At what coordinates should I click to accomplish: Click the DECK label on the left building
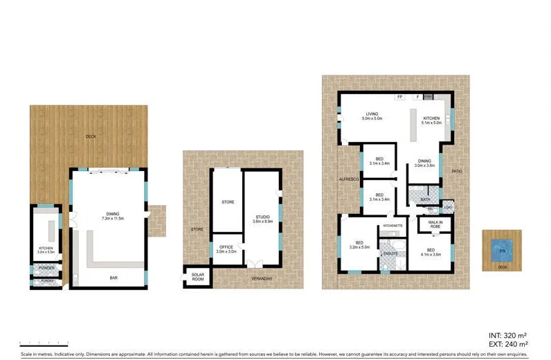pos(91,136)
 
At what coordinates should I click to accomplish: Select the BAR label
pos(113,278)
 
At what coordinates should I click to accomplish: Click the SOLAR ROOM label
pos(198,277)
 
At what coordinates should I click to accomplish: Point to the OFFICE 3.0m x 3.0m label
pos(226,249)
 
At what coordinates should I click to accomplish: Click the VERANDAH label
pos(262,278)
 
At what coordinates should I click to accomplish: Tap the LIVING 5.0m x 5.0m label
pos(372,117)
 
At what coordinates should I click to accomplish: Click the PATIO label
pos(457,171)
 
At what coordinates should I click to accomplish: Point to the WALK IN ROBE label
pos(435,224)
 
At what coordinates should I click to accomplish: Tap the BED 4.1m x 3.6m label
pos(430,252)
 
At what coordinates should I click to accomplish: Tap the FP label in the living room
pos(400,97)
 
